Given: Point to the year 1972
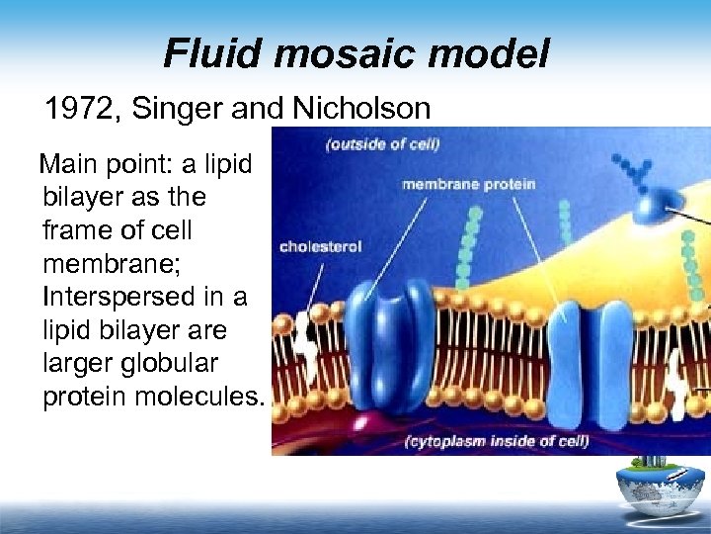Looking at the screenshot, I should [x=80, y=108].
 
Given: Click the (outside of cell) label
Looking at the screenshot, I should [x=382, y=145].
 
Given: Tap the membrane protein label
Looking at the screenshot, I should [x=468, y=184].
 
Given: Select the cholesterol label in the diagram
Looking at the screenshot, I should [x=320, y=246].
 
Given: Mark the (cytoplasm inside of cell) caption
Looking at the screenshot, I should [x=497, y=440].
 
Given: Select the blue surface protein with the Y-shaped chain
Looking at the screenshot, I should [x=653, y=204].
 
